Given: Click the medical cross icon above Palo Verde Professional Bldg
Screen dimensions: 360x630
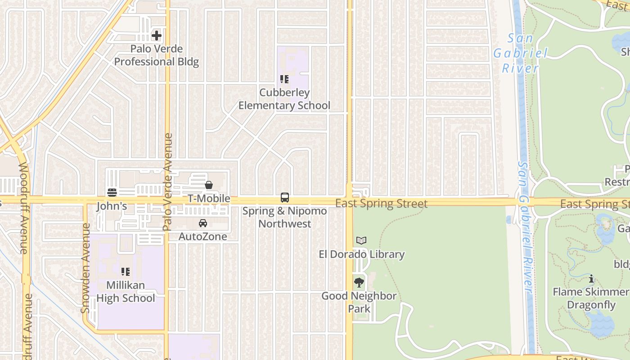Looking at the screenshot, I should [x=156, y=35].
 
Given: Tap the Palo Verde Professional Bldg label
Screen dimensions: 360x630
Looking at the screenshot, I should [x=156, y=55].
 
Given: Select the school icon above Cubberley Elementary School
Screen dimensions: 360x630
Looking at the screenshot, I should [x=284, y=80].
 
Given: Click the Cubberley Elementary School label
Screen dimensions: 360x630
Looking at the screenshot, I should [x=284, y=99].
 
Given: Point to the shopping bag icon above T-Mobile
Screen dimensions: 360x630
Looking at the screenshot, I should [x=209, y=185].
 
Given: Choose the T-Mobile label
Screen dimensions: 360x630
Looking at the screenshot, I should [x=209, y=198].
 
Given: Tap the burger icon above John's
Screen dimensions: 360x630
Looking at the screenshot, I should [x=112, y=193].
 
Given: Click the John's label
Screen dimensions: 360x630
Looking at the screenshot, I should [x=112, y=207].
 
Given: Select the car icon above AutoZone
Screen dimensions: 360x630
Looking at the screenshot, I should [x=203, y=223].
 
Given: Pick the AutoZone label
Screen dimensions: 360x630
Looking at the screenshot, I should [x=203, y=236].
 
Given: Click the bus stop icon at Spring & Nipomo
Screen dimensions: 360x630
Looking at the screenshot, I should [x=284, y=198].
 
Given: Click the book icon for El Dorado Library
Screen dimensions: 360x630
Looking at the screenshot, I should [x=361, y=241].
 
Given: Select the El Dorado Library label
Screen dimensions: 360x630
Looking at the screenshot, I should [x=362, y=254].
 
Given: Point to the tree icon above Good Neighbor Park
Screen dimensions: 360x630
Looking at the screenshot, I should [x=359, y=283].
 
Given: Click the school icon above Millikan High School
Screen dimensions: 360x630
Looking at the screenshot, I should [x=126, y=272].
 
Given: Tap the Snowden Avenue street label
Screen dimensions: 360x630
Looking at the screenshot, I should [x=85, y=268].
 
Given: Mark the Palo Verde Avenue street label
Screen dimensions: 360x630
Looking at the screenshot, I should [x=168, y=182].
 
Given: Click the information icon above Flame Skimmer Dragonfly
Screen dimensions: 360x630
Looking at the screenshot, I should [x=591, y=279].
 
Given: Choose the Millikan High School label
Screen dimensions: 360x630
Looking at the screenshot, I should [x=126, y=292].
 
